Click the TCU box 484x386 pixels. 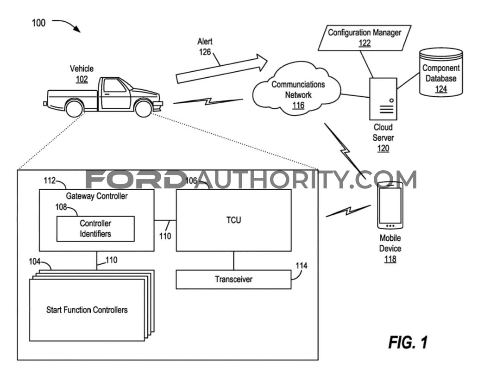(234, 220)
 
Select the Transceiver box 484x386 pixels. (234, 280)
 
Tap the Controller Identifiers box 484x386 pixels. (96, 229)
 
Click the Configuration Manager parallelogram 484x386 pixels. (365, 37)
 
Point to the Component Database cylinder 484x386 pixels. (441, 72)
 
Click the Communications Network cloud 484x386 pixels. (297, 89)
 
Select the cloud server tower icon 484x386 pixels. (383, 99)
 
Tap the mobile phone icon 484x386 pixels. (390, 205)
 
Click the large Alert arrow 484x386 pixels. (222, 68)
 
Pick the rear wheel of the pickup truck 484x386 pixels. (75, 108)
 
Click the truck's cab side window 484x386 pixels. (114, 86)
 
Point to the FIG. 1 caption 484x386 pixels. (408, 342)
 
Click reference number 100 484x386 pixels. (38, 23)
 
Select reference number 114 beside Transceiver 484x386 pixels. (301, 266)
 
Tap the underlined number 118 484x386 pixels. (390, 259)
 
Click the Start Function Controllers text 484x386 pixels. (87, 310)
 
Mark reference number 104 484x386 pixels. (35, 261)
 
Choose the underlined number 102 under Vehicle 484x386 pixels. (82, 79)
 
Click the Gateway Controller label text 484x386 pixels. (97, 196)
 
